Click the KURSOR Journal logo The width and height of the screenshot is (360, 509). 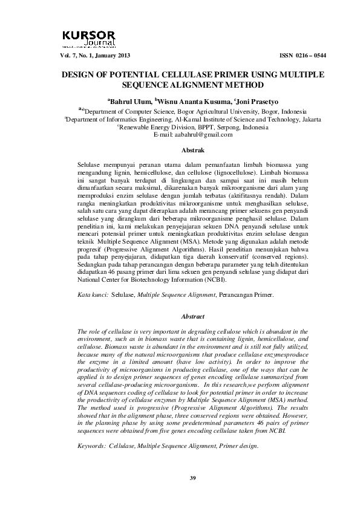pos(91,38)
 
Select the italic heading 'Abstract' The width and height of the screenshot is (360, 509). pos(193,316)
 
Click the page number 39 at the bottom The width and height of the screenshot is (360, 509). pos(193,479)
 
